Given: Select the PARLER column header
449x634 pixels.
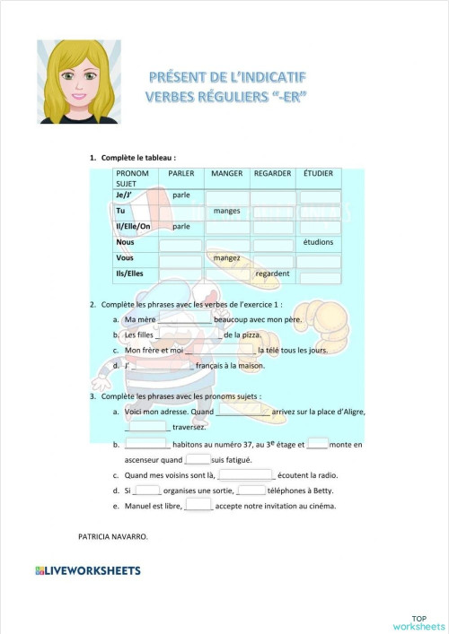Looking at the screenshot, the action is point(180,173).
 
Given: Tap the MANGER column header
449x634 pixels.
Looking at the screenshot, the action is point(227,173).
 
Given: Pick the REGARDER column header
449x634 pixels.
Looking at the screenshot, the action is point(272,173).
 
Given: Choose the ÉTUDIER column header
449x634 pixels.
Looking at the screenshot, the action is point(318,173).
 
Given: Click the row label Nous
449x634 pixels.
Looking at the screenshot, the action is point(125,242).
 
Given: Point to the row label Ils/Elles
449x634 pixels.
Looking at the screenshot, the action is point(130,274).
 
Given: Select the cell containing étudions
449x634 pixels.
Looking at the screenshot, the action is point(318,242).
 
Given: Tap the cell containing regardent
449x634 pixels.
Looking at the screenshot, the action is point(272,274).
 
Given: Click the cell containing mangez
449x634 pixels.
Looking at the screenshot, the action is point(226,258).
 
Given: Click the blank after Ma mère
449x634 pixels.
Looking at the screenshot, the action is point(184,319).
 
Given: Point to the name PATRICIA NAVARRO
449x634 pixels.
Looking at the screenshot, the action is point(113,536).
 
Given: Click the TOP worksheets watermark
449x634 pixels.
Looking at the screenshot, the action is point(418,621).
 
